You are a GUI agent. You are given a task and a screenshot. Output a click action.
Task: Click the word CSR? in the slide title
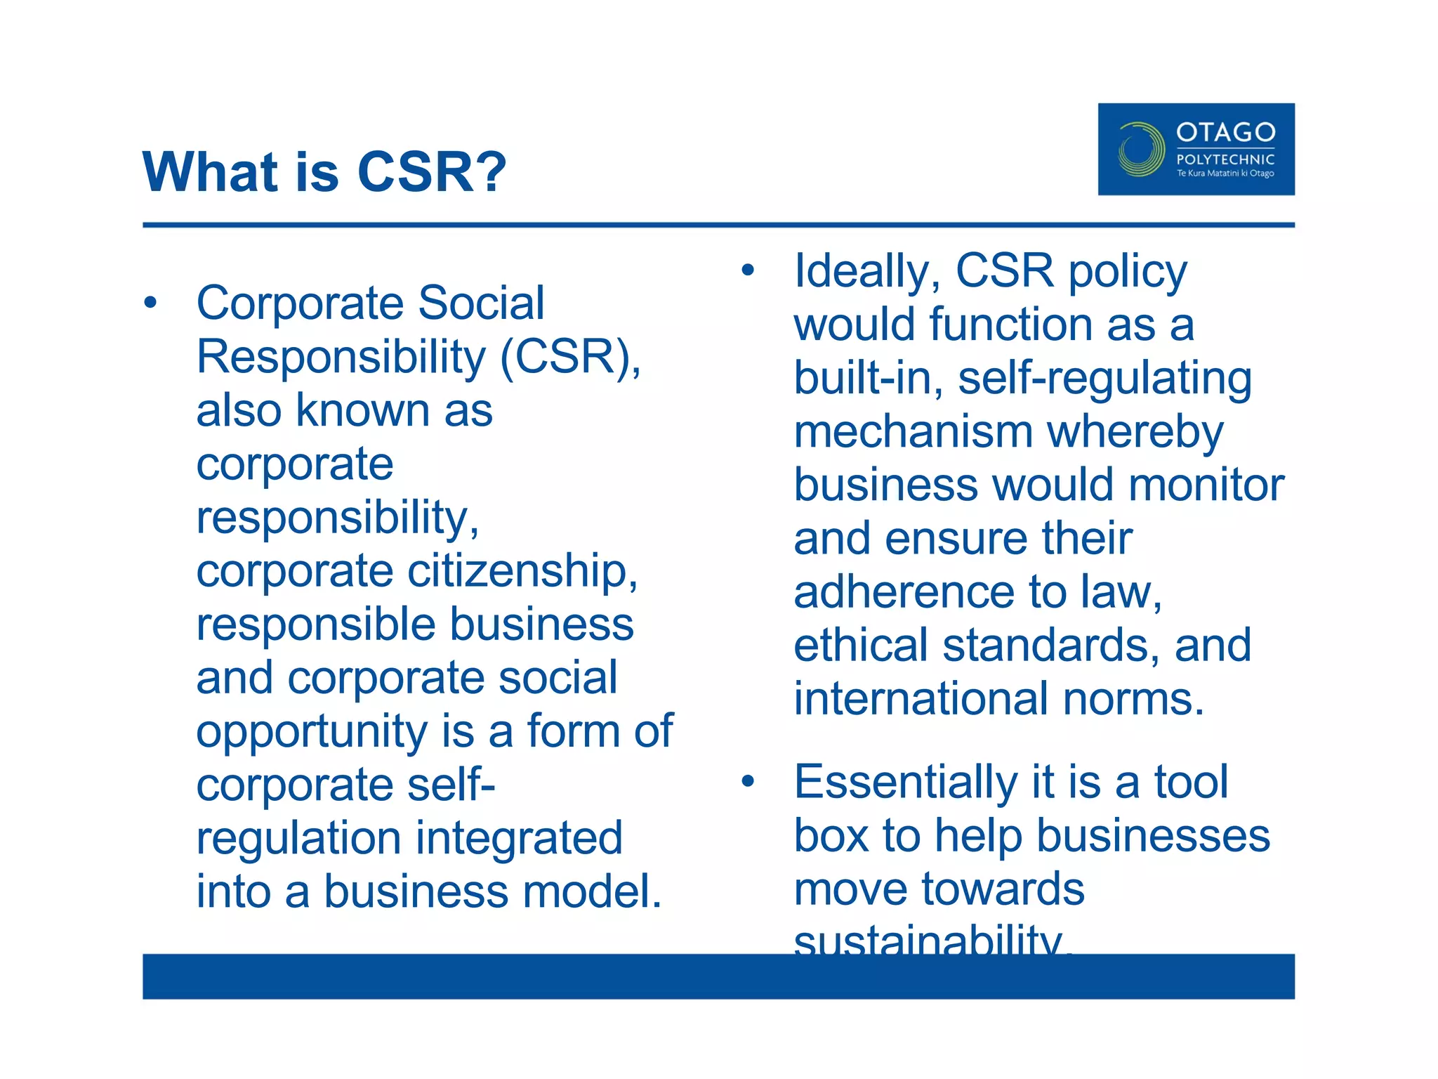pos(431,172)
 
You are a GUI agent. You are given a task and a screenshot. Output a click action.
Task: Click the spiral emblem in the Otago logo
pos(1140,150)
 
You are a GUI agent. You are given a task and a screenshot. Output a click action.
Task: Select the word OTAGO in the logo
pos(1225,132)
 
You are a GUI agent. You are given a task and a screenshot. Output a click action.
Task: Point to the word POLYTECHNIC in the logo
pos(1225,159)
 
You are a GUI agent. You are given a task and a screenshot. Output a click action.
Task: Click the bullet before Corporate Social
pos(150,303)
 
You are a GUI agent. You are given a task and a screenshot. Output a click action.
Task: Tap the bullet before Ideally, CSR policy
pos(747,270)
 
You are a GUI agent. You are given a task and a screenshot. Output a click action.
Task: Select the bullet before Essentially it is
pos(747,781)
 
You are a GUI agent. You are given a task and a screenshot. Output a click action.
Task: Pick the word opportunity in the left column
pos(311,732)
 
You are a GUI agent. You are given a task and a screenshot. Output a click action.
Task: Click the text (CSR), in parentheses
pos(570,357)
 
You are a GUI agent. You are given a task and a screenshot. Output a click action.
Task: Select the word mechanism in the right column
pos(913,431)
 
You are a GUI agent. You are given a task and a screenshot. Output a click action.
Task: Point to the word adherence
pos(904,591)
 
